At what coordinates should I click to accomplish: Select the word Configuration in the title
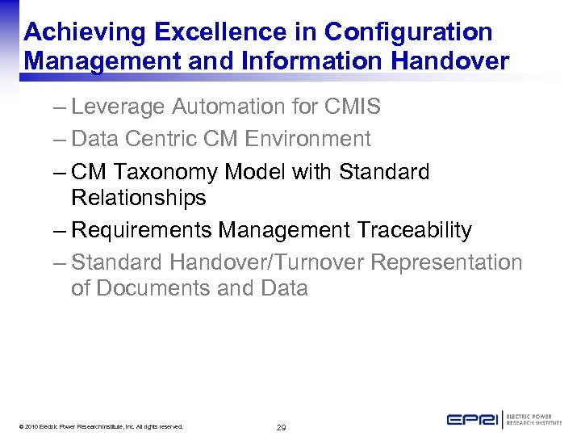(x=408, y=31)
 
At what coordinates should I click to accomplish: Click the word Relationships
(x=139, y=198)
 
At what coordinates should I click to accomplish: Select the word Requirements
(x=142, y=230)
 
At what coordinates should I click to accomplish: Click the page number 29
(x=281, y=427)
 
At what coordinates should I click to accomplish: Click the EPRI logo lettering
(x=472, y=420)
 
